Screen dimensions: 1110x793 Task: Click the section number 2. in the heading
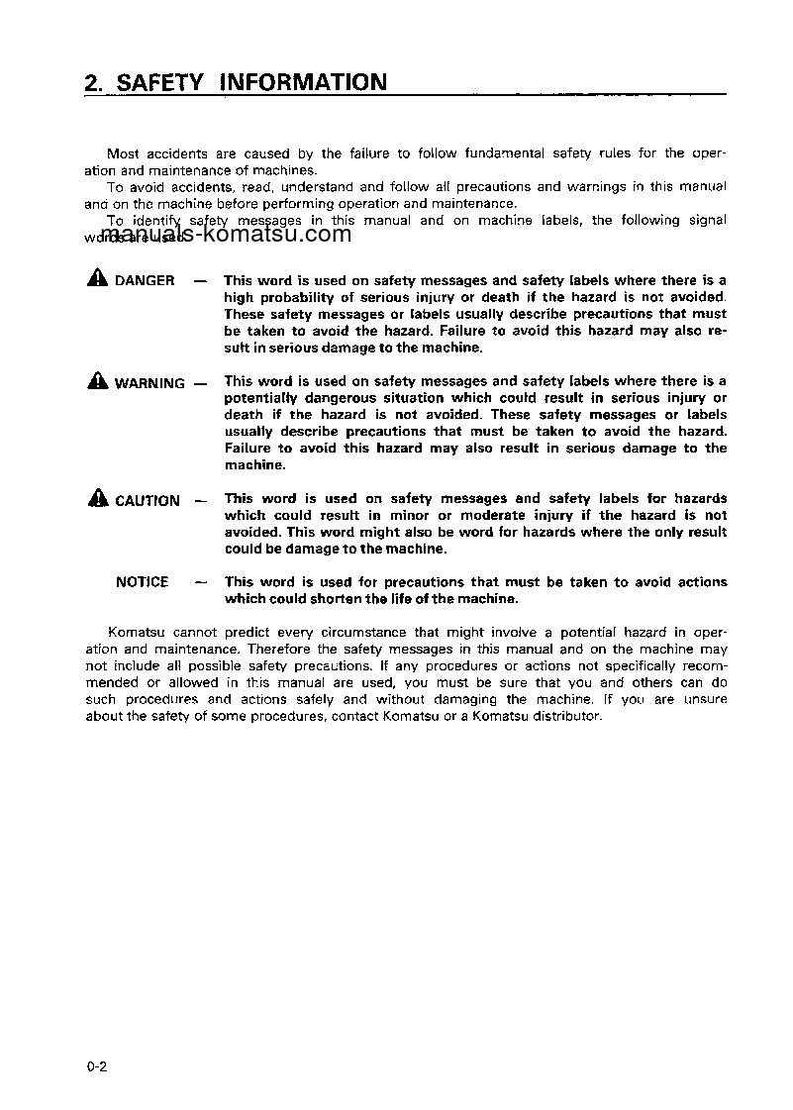95,82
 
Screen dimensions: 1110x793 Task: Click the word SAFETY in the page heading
159,82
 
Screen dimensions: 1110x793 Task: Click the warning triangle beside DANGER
97,279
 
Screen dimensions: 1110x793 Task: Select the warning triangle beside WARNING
97,381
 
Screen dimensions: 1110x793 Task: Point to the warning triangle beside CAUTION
97,499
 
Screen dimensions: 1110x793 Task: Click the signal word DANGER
145,281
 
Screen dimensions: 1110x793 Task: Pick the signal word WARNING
149,383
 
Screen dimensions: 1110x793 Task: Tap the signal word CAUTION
148,501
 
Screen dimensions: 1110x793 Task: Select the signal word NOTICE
142,582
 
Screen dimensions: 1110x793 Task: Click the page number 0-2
96,1066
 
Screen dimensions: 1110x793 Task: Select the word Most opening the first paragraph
123,153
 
